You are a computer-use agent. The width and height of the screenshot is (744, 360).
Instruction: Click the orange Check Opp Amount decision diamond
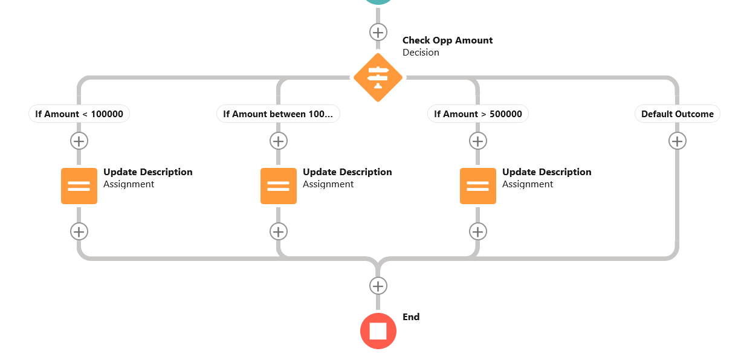click(x=378, y=77)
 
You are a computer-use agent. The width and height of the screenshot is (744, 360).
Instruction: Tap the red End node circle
click(x=378, y=331)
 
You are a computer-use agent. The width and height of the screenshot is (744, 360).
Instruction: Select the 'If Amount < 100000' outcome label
click(x=79, y=114)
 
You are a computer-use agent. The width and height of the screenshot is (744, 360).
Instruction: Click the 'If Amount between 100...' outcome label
click(x=278, y=114)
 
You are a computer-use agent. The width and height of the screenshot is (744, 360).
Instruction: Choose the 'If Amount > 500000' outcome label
click(x=478, y=114)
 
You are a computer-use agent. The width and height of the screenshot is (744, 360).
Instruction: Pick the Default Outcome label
click(x=677, y=114)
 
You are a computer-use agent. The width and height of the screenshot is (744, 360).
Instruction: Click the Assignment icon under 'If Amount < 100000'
click(x=79, y=186)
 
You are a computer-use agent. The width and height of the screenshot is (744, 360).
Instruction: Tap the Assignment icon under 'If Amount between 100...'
click(x=279, y=186)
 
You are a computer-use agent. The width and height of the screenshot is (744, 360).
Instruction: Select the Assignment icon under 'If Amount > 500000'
click(x=478, y=186)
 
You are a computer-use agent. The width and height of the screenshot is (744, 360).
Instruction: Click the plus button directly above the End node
click(x=378, y=286)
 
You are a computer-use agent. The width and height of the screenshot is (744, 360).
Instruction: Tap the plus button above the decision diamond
click(x=378, y=32)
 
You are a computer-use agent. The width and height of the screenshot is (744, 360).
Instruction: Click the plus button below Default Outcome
click(x=677, y=141)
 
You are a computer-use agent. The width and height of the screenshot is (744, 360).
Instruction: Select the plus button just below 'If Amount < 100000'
click(x=79, y=141)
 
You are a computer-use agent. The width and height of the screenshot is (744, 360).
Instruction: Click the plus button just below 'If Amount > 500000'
click(x=478, y=141)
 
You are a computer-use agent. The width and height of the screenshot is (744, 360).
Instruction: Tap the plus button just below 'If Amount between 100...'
click(x=278, y=141)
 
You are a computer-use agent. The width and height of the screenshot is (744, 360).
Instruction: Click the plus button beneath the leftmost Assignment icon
click(x=79, y=231)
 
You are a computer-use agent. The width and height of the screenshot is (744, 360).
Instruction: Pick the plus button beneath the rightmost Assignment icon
click(x=478, y=231)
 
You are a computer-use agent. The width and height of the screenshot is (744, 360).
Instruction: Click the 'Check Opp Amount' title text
click(x=447, y=40)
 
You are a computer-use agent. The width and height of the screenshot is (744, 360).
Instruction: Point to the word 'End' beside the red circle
click(x=411, y=317)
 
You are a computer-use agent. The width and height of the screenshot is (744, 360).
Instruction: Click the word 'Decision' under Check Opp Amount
click(x=421, y=53)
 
